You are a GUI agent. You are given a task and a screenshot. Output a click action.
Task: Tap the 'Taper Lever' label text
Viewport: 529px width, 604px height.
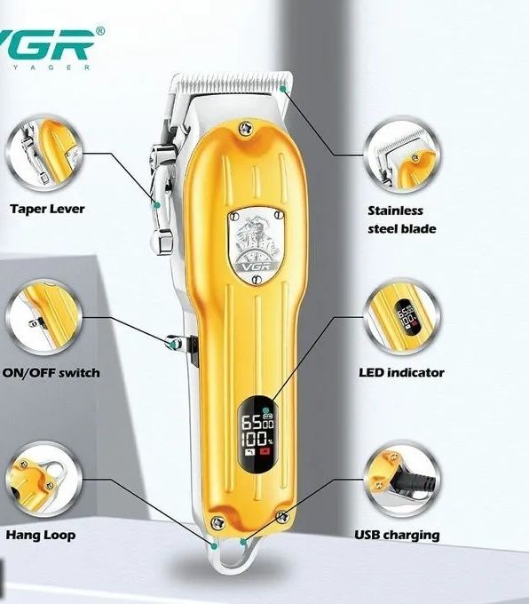[47, 209]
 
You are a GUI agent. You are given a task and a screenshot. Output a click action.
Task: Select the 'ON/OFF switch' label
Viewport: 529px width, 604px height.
[51, 373]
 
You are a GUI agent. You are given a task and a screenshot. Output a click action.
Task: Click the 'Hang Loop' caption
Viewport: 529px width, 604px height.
[41, 535]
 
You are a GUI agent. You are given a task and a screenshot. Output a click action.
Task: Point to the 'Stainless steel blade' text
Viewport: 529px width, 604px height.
[401, 219]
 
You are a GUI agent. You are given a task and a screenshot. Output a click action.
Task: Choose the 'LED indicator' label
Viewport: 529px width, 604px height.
[401, 372]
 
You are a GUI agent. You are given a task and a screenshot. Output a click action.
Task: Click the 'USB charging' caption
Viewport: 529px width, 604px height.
[397, 535]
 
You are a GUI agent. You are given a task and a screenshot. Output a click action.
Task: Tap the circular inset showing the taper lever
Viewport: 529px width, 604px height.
[44, 154]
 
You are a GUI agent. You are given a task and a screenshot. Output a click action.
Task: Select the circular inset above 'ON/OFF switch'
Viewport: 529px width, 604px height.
[43, 317]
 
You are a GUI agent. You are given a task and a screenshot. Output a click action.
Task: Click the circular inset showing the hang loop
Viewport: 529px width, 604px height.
[43, 480]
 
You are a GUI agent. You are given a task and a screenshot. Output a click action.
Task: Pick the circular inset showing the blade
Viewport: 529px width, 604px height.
[402, 157]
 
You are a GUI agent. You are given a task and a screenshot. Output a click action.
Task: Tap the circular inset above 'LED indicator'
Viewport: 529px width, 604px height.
[402, 317]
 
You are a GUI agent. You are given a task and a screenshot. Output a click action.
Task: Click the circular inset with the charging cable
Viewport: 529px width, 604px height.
[402, 480]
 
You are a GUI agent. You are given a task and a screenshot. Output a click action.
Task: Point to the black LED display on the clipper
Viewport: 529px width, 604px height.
[257, 435]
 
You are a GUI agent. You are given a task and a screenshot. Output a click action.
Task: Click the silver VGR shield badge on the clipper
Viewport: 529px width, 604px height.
[257, 246]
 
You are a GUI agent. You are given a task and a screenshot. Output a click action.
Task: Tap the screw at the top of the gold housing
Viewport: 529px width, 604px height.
[245, 128]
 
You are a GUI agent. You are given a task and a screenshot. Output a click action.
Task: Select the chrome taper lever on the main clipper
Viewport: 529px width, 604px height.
[162, 195]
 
